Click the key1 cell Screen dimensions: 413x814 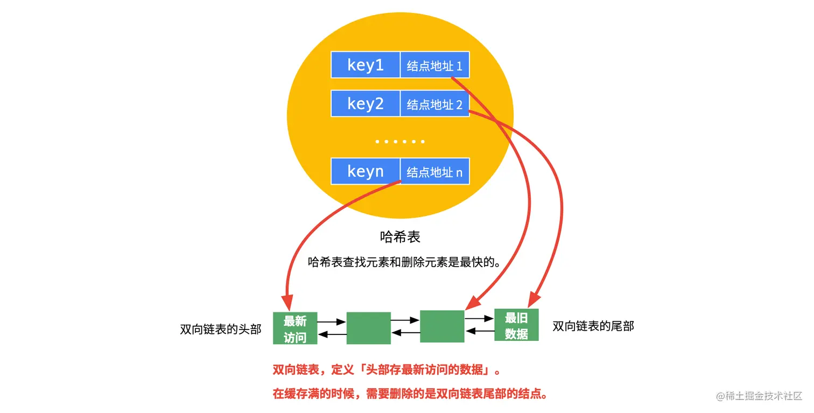coord(366,65)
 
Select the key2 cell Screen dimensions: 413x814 coord(366,103)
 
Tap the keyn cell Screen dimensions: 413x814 coord(366,172)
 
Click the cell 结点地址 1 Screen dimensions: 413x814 coord(434,66)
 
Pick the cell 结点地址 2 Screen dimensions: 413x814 coord(434,104)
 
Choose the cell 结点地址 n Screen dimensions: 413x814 coord(434,172)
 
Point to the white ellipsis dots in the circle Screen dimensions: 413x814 coord(400,142)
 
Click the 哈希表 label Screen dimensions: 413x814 coord(399,236)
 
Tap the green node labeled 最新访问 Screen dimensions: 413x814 coord(295,328)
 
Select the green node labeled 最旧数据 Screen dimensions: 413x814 coord(516,325)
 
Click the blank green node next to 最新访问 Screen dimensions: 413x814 coord(368,328)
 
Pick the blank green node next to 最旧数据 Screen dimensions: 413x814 coord(442,326)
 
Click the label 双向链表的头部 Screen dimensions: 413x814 coord(221,329)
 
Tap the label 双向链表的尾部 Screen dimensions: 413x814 coord(593,326)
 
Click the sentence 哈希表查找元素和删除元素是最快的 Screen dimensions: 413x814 coord(404,262)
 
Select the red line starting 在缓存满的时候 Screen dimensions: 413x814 coord(410,394)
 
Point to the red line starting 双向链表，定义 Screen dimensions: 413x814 coord(387,370)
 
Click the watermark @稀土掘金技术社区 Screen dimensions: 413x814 coord(759,396)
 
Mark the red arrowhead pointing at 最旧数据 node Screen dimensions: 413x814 coord(534,300)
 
